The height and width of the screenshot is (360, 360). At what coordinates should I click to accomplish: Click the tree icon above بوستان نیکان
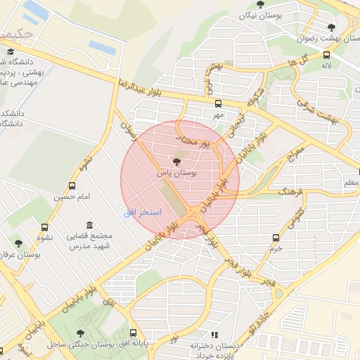tap(261, 4)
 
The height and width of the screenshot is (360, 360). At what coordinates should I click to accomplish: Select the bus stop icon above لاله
tap(326, 55)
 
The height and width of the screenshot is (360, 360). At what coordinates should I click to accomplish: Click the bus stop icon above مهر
tap(218, 104)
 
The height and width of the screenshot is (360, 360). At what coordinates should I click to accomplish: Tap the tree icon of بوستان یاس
tap(176, 161)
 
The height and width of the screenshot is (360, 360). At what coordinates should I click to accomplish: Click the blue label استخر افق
tap(143, 212)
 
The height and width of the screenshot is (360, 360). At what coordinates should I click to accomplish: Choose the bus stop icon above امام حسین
tap(72, 186)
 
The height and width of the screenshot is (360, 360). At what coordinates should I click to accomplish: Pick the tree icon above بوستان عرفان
tap(19, 244)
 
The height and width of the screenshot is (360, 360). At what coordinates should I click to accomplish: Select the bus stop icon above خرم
tap(276, 238)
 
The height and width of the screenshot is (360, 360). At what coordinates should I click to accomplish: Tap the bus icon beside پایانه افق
tap(134, 333)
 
